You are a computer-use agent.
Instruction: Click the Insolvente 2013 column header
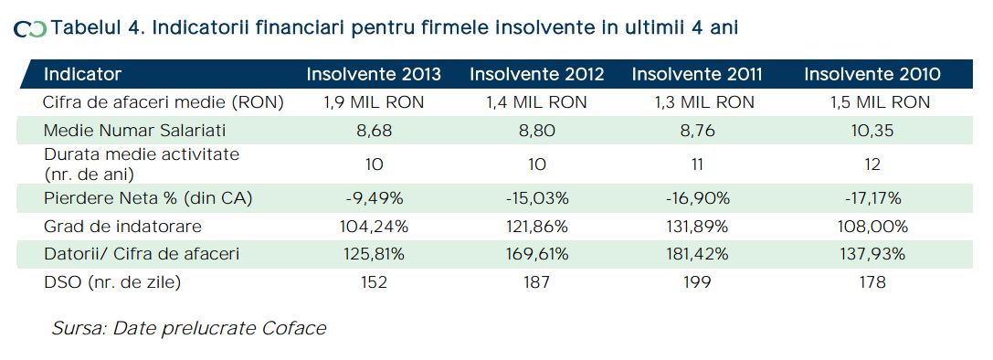[x=374, y=74]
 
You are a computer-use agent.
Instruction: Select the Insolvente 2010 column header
[x=872, y=74]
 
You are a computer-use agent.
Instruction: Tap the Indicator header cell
[x=82, y=74]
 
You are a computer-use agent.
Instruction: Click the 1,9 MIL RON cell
[x=374, y=102]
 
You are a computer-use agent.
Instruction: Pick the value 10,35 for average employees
[x=872, y=131]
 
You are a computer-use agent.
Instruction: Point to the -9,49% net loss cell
[x=374, y=198]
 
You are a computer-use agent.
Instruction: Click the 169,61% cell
[x=537, y=254]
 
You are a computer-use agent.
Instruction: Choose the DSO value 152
[x=374, y=282]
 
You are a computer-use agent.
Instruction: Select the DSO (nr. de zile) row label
[x=112, y=282]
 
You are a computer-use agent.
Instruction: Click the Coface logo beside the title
[x=30, y=29]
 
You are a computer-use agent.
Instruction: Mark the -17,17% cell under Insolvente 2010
[x=872, y=198]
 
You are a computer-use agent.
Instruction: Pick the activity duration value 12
[x=872, y=164]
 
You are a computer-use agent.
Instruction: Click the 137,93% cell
[x=872, y=254]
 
